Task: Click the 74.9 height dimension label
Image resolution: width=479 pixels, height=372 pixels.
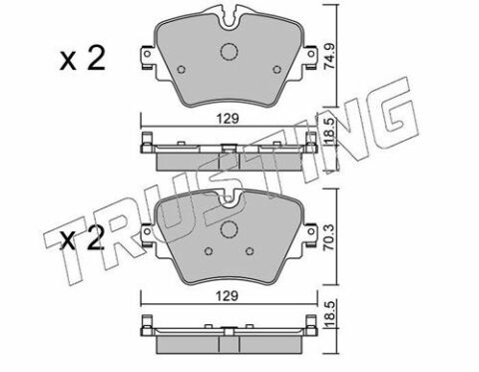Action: tap(330, 57)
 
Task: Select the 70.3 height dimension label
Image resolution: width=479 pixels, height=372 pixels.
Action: tap(330, 236)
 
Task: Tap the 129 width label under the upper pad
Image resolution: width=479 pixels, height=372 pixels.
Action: tap(229, 119)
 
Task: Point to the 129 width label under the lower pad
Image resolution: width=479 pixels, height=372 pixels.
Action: tap(229, 296)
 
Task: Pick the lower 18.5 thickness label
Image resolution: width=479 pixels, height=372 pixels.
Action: tap(330, 314)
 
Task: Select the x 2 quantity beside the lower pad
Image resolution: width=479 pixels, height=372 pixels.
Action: tap(82, 237)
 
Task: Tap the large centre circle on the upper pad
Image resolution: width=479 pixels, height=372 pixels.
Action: tap(229, 52)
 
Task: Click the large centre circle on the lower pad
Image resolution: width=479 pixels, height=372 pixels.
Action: tap(230, 229)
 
